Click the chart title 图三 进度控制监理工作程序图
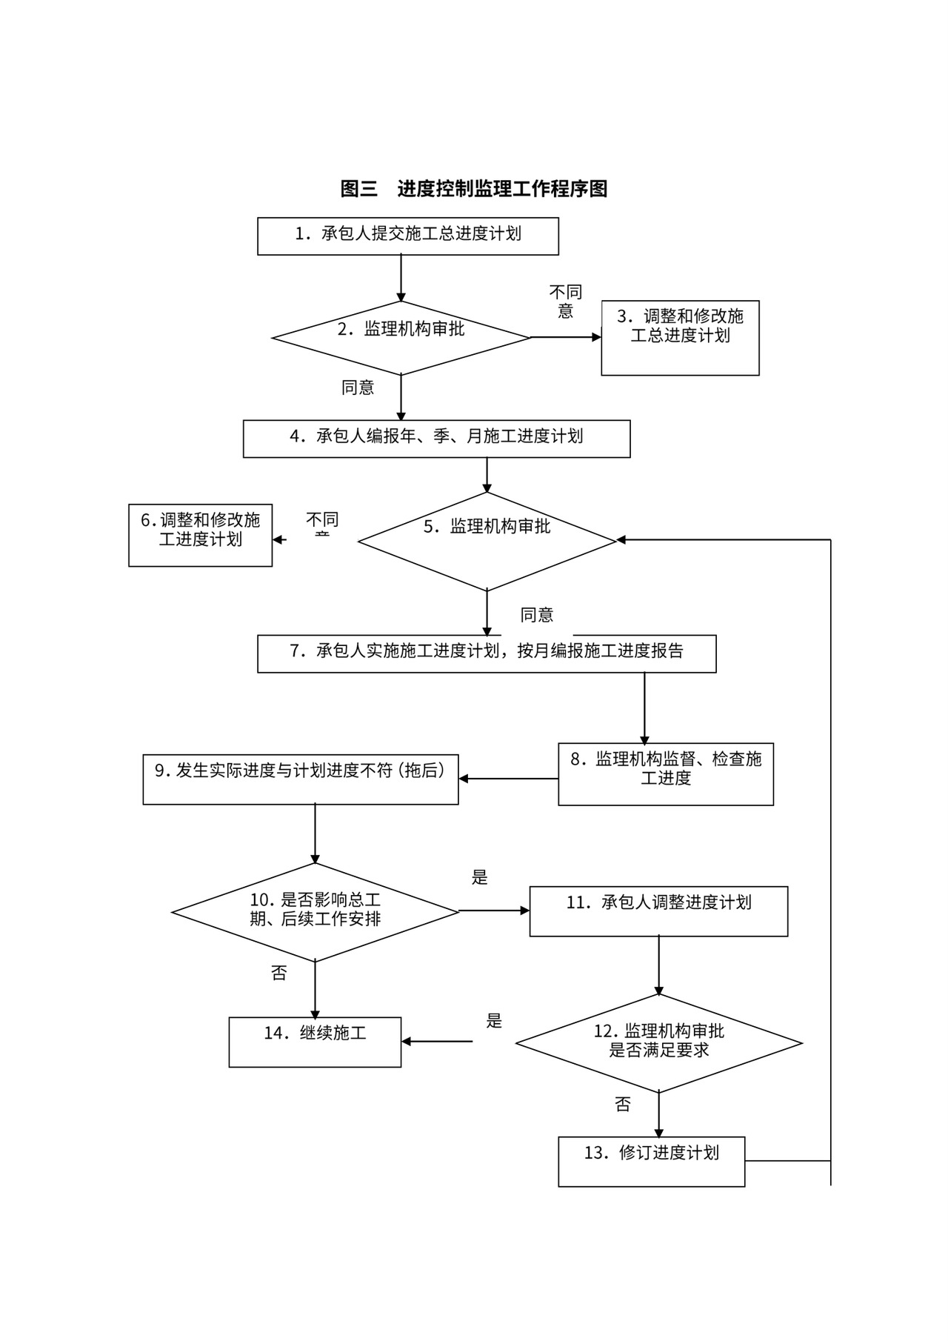pyautogui.click(x=474, y=188)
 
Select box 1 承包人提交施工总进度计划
pyautogui.click(x=407, y=236)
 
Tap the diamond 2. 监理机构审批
pyautogui.click(x=401, y=337)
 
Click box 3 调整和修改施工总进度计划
pyautogui.click(x=680, y=337)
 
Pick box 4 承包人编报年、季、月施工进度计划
pyautogui.click(x=436, y=438)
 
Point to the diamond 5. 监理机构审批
pyautogui.click(x=487, y=541)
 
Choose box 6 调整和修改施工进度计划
pyautogui.click(x=200, y=535)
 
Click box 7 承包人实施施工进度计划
pyautogui.click(x=487, y=653)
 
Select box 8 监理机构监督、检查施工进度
pyautogui.click(x=665, y=773)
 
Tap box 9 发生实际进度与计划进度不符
pyautogui.click(x=300, y=779)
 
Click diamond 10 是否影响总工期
pyautogui.click(x=316, y=911)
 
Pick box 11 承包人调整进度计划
pyautogui.click(x=658, y=911)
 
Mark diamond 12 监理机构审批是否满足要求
pyautogui.click(x=658, y=1042)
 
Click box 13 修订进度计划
pyautogui.click(x=651, y=1161)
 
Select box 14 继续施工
pyautogui.click(x=315, y=1041)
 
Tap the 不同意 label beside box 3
pyautogui.click(x=565, y=302)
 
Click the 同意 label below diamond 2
pyautogui.click(x=358, y=387)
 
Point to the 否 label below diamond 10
pyautogui.click(x=278, y=973)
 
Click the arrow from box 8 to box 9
pyautogui.click(x=508, y=779)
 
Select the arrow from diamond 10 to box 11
pyautogui.click(x=494, y=911)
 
